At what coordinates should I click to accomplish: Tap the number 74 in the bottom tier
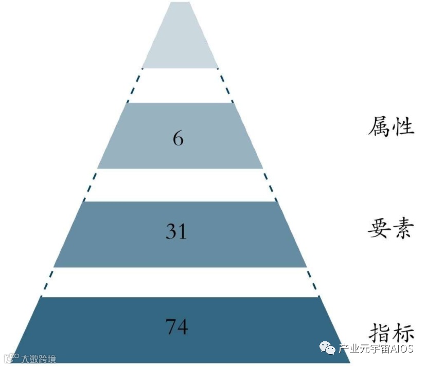(x=177, y=327)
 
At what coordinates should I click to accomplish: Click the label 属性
(x=391, y=126)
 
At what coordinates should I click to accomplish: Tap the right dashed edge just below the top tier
(x=225, y=85)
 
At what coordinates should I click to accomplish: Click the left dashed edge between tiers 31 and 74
(x=47, y=282)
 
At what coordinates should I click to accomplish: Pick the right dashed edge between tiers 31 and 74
(x=313, y=282)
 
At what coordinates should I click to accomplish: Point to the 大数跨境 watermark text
(x=38, y=359)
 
